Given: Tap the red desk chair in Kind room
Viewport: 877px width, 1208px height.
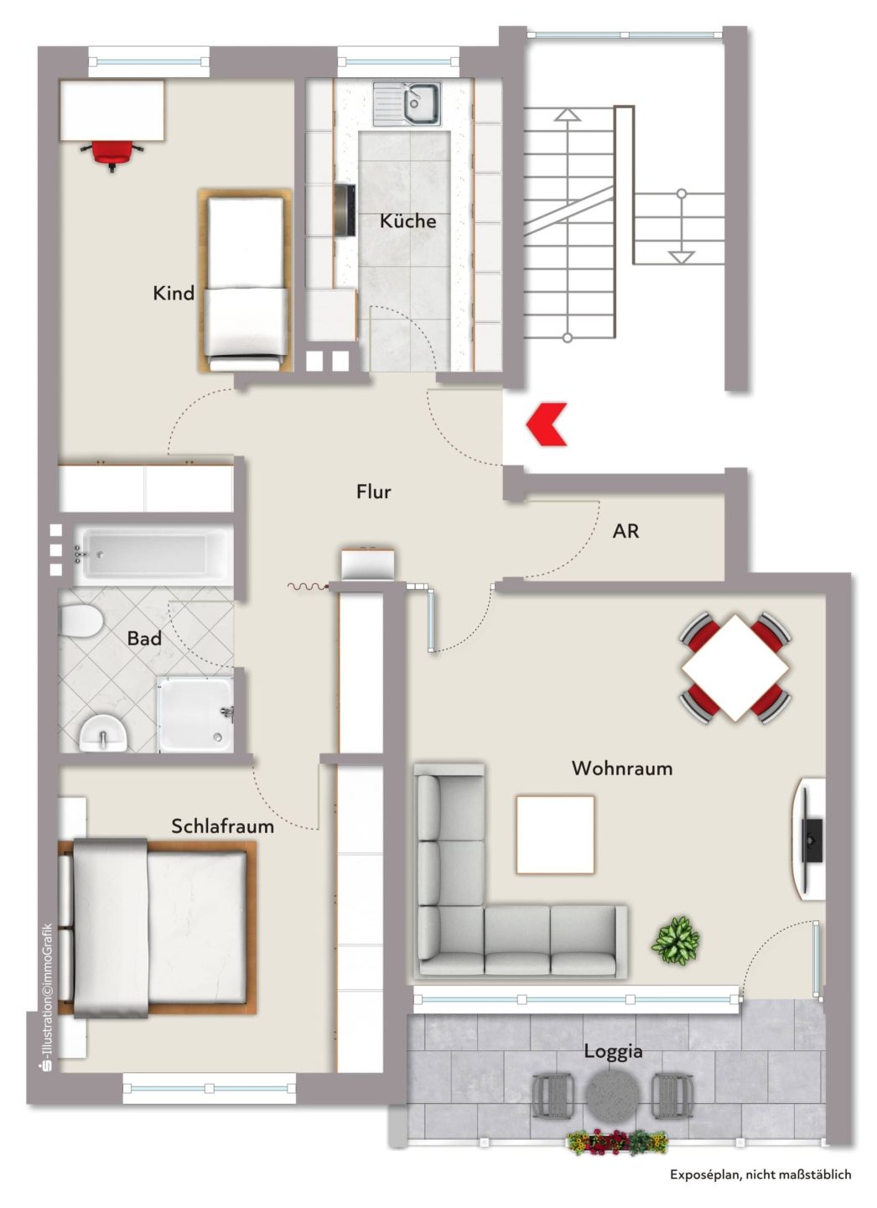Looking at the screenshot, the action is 112,154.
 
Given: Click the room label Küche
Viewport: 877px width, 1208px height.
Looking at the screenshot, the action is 407,221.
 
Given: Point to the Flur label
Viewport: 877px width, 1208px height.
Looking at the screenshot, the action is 374,492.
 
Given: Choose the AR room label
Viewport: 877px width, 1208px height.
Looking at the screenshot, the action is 625,531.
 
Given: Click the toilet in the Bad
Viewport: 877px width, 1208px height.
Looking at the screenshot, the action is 80,620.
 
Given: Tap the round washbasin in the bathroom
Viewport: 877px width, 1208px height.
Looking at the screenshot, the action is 103,732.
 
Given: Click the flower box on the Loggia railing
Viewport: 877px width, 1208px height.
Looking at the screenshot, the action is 616,1143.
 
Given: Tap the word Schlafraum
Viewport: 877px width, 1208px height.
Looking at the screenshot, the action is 223,826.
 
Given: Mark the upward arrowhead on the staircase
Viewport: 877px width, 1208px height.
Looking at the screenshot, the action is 566,114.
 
